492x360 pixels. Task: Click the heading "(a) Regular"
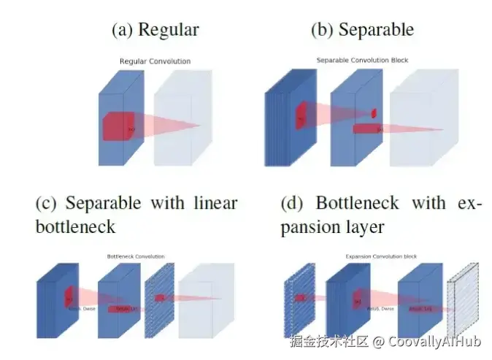coord(155,29)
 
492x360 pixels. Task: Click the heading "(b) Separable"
coord(362,29)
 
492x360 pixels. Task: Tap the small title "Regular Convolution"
coord(155,61)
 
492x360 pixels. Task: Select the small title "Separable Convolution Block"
coord(362,60)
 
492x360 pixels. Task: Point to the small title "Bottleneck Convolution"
coord(136,256)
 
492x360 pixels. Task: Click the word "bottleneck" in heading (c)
coord(75,226)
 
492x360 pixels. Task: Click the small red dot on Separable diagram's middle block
coord(374,112)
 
